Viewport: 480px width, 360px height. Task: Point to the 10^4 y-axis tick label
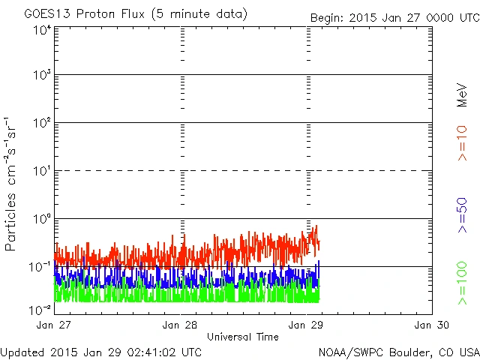pyautogui.click(x=42, y=30)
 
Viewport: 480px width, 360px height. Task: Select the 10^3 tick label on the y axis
pyautogui.click(x=42, y=76)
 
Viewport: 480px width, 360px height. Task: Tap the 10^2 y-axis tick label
pyautogui.click(x=42, y=124)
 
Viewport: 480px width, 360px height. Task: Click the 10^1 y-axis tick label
pyautogui.click(x=42, y=172)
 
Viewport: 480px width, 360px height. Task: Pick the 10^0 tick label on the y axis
pyautogui.click(x=42, y=220)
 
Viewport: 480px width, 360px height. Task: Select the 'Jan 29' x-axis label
pyautogui.click(x=307, y=325)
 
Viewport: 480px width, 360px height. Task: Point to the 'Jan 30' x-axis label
pyautogui.click(x=430, y=325)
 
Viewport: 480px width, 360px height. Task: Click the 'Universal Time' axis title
pyautogui.click(x=242, y=337)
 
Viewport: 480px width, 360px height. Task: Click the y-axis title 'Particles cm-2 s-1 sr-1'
pyautogui.click(x=12, y=184)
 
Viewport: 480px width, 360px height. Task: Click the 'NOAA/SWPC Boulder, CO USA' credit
pyautogui.click(x=398, y=352)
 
